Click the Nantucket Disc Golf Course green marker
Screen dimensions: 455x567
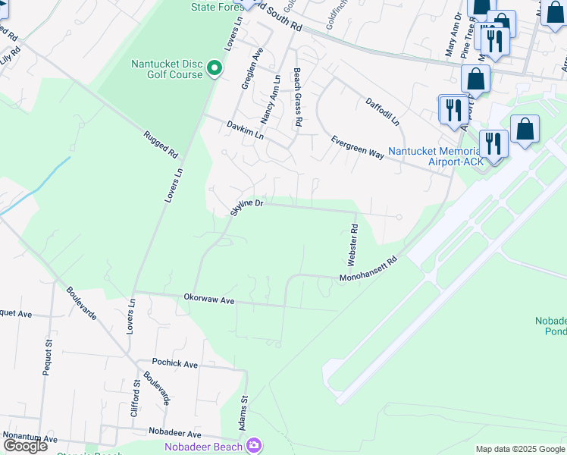[215, 69]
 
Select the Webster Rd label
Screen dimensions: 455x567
[352, 249]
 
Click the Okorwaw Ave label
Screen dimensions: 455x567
[209, 300]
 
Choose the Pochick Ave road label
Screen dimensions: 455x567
[174, 364]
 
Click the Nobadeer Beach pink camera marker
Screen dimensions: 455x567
[253, 446]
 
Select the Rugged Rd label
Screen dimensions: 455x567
[161, 148]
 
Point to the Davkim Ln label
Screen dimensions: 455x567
[245, 129]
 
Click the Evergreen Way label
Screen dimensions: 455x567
[357, 146]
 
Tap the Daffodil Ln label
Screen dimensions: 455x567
[387, 112]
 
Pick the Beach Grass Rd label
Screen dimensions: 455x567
[298, 97]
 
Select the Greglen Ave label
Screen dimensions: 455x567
[251, 70]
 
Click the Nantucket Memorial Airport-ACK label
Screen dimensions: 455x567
[434, 155]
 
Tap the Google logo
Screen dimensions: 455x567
[25, 446]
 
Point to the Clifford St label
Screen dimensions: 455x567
[135, 397]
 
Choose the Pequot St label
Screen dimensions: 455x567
[47, 359]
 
